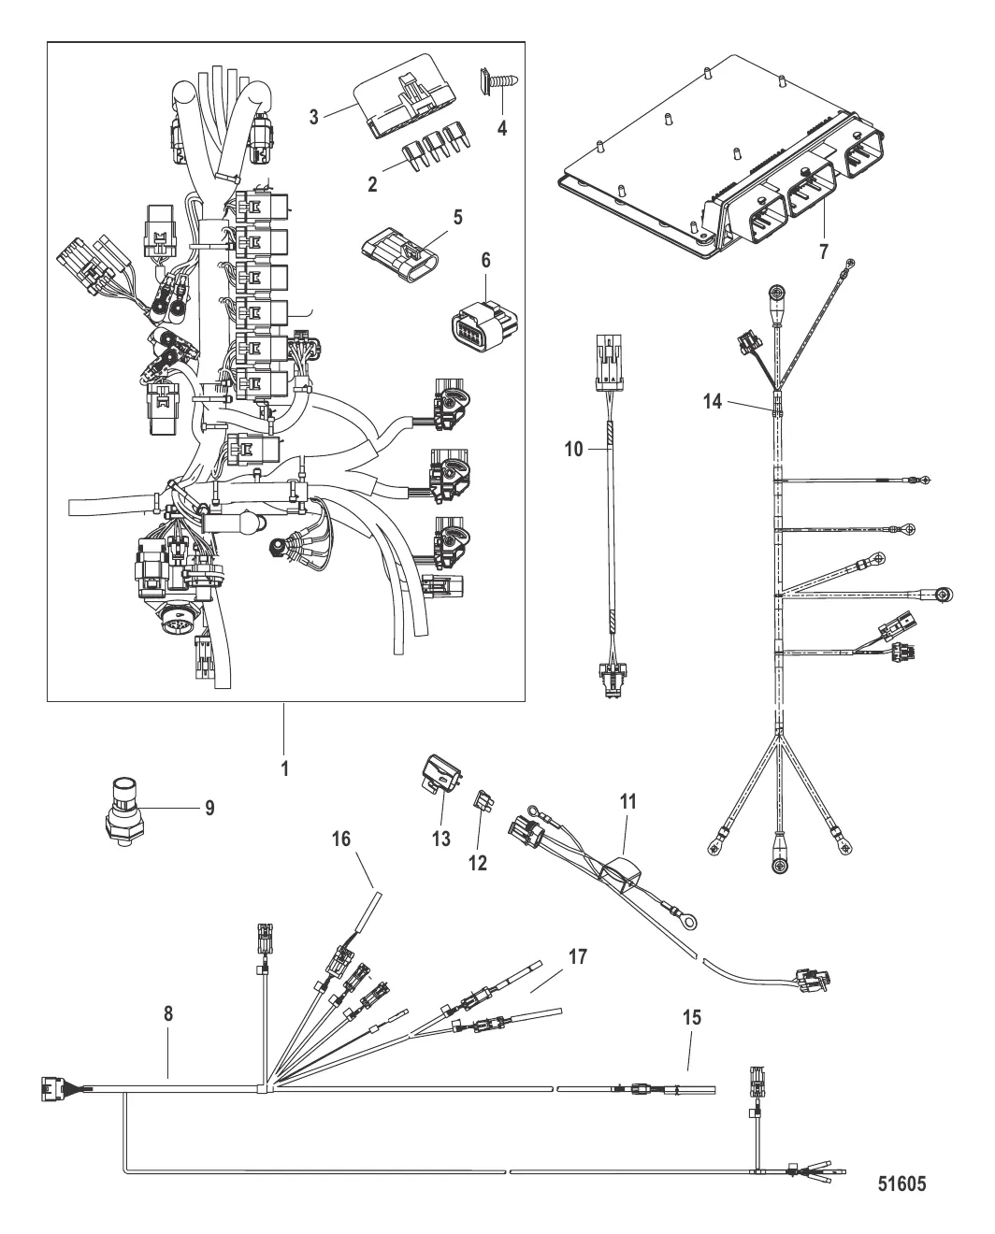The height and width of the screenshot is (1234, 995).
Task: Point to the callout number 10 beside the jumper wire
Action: coord(573,450)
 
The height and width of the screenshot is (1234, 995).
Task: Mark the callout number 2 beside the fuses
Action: coord(372,184)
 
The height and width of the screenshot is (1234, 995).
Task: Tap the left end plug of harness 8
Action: coord(49,1086)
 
